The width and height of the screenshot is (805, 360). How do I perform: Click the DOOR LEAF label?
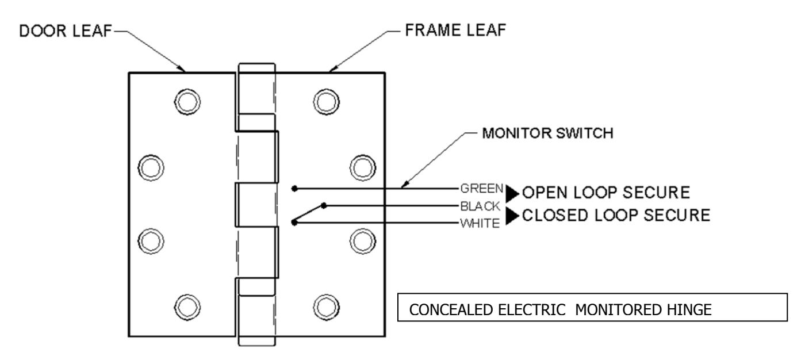pos(66,31)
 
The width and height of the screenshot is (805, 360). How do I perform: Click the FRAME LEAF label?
pos(455,30)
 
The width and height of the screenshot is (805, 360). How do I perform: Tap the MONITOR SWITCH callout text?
pos(547,133)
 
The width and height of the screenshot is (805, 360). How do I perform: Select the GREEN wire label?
pos(482,188)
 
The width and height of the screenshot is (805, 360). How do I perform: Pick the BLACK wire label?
pos(480,206)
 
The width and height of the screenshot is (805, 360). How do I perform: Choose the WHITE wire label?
pos(480,224)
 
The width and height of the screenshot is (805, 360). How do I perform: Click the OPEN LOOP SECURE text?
pos(606,193)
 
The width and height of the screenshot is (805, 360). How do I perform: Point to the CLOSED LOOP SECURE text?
pos(616,215)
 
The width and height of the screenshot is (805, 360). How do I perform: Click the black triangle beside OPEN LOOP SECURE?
pos(512,194)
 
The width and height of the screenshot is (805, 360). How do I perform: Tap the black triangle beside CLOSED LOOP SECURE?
pos(512,216)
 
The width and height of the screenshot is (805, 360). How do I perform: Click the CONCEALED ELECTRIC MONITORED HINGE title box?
pos(592,307)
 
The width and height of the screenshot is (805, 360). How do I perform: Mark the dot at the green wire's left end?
pos(294,189)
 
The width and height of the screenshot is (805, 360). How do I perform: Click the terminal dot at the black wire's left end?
pos(324,205)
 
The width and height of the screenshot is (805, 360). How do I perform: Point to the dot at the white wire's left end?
pos(294,223)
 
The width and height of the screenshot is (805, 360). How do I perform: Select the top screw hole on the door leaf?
pos(187,102)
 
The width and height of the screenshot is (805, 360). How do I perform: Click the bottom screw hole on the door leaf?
pos(187,307)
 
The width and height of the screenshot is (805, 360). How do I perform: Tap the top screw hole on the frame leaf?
pos(326,102)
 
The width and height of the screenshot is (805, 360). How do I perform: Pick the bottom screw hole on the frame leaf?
pos(326,307)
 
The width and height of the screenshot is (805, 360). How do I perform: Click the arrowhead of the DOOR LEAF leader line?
pos(182,69)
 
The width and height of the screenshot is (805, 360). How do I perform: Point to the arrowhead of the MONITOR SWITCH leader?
pos(404,185)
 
